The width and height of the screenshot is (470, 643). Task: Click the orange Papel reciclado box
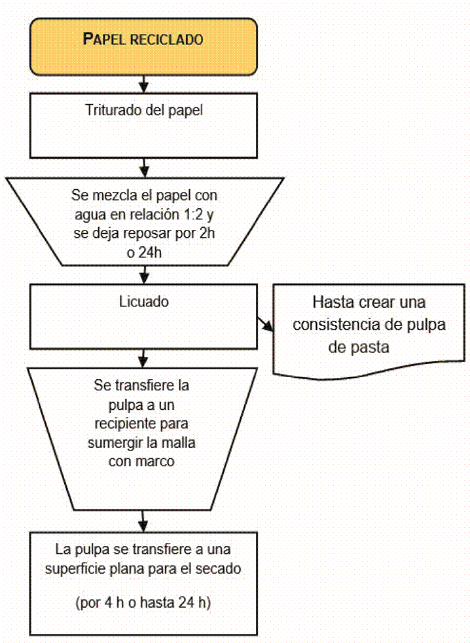point(143,40)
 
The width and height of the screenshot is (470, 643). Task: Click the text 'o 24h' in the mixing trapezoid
point(143,252)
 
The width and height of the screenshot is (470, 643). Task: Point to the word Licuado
point(143,303)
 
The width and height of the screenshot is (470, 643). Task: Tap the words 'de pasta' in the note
point(359,347)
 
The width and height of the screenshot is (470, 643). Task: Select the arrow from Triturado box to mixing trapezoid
point(143,166)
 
